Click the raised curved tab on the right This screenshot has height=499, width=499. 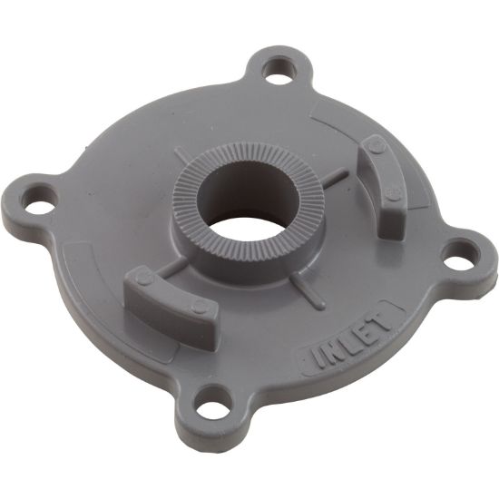pyautogui.click(x=379, y=185)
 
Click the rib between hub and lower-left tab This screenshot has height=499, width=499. pyautogui.click(x=177, y=267)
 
